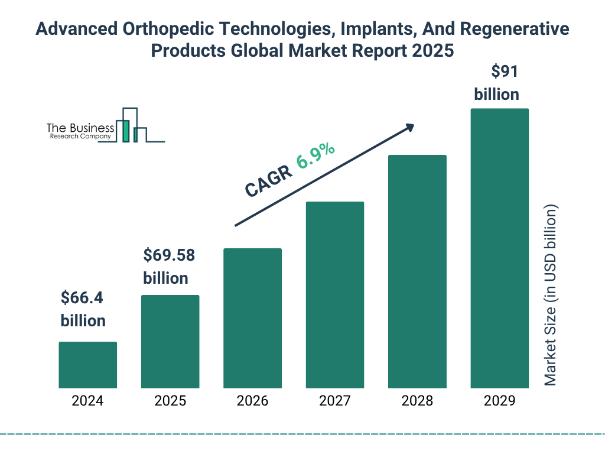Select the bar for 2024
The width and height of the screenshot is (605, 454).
[x=87, y=365]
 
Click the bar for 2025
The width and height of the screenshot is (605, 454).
[x=170, y=342]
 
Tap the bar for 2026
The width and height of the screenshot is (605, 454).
[x=252, y=318]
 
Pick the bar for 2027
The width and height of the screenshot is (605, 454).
[x=334, y=295]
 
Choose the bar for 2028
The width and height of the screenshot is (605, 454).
[x=417, y=271]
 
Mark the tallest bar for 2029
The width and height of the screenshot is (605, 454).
[x=499, y=248]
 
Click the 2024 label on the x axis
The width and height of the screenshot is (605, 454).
[x=87, y=401]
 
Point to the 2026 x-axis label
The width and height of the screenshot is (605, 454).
[x=252, y=401]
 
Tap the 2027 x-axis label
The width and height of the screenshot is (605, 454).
[x=334, y=401]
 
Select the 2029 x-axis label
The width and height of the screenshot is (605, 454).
[x=499, y=401]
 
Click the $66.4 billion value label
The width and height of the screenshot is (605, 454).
[x=83, y=309]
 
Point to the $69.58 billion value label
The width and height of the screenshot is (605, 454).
[x=169, y=267]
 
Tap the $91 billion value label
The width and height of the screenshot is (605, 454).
[x=496, y=83]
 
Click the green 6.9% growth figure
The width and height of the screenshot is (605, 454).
[x=316, y=155]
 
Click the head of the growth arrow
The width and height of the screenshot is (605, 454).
[x=409, y=127]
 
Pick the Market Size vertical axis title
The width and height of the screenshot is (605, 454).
[x=551, y=296]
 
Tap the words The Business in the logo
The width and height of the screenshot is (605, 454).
[x=80, y=128]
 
